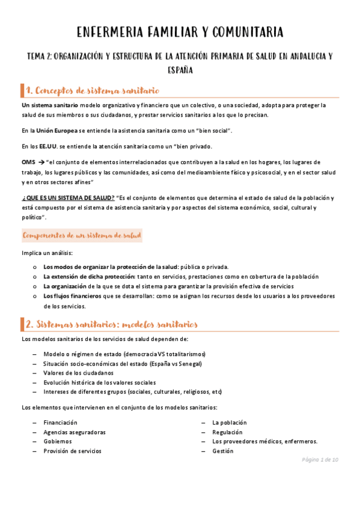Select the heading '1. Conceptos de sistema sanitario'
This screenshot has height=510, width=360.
point(93,91)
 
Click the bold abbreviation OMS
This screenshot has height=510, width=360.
point(28,162)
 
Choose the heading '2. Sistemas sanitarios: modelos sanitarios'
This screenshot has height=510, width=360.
point(112,325)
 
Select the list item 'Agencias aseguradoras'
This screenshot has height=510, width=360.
point(75,432)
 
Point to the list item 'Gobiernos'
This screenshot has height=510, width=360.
point(58,441)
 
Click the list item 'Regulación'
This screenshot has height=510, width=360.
point(227,432)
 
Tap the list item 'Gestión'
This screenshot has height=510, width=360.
point(222,450)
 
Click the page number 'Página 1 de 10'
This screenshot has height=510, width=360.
point(320,460)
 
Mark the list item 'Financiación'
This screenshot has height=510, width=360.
point(60,422)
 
